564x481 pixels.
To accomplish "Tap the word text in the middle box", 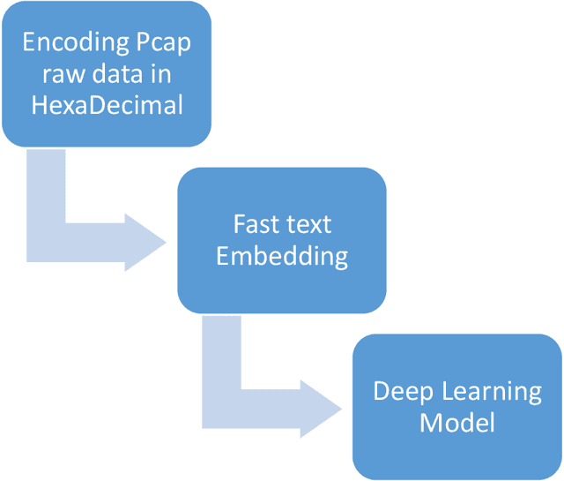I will pyautogui.click(x=308, y=224).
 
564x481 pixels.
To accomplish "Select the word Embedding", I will pyautogui.click(x=282, y=256).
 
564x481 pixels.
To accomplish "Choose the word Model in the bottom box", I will pyautogui.click(x=456, y=422).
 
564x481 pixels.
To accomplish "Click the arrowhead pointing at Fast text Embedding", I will pyautogui.click(x=145, y=240).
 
